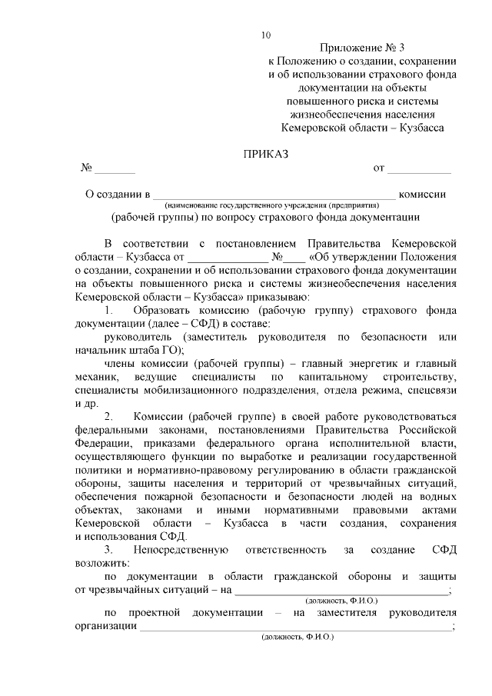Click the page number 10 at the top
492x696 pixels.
coord(266,35)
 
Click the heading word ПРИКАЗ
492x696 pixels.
coord(266,154)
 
